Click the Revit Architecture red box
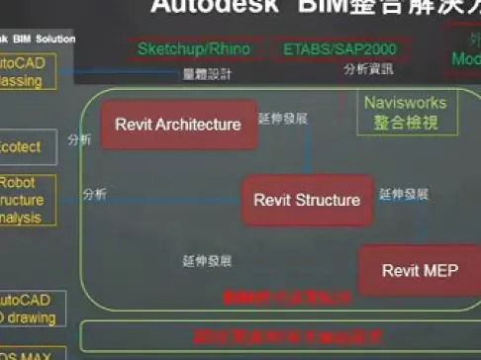click(x=178, y=125)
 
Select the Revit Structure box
click(x=307, y=200)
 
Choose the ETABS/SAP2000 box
click(x=326, y=48)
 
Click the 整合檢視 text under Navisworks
click(x=400, y=123)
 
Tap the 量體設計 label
click(x=207, y=73)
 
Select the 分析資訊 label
click(x=368, y=69)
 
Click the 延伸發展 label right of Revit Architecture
click(x=283, y=119)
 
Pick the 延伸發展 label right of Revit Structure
click(x=404, y=195)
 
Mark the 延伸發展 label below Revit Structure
click(x=207, y=262)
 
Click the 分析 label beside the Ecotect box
click(x=80, y=140)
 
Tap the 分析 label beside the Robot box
click(x=95, y=193)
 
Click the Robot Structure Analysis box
click(x=22, y=201)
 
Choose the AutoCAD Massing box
click(x=22, y=72)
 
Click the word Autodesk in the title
click(x=197, y=8)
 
